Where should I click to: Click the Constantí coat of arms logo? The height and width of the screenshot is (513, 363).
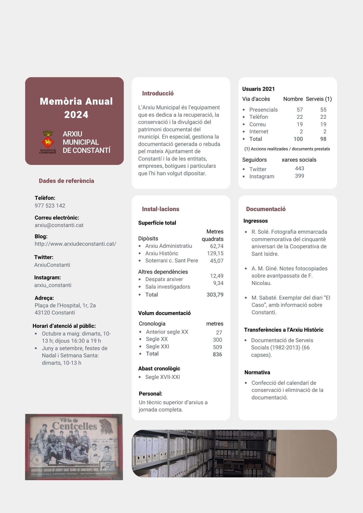pos(48,142)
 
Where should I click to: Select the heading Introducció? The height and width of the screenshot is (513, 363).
pos(158,93)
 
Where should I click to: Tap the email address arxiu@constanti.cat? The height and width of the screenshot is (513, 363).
pos(59,225)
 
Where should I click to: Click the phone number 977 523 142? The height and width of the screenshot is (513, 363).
pos(50,206)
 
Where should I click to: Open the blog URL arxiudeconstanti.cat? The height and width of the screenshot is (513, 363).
pos(75,244)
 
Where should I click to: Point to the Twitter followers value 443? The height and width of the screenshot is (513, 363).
pos(299,169)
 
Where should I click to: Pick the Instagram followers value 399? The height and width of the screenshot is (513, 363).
pos(299,176)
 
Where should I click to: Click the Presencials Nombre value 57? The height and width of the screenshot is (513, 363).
pos(300,110)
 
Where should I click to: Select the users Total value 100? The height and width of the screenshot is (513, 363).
pos(298,139)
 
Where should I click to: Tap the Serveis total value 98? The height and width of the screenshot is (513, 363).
pos(323,139)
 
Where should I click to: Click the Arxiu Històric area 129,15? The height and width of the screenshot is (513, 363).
pos(215,253)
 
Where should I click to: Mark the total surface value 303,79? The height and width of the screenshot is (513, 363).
pos(215,295)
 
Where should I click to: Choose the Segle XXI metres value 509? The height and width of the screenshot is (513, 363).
pos(217,347)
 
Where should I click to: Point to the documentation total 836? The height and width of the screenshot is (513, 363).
pos(217,354)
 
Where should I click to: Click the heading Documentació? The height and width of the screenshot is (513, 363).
pos(266,209)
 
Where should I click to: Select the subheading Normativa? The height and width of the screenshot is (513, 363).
pos(257,372)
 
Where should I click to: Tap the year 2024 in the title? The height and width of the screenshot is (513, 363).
pos(76,115)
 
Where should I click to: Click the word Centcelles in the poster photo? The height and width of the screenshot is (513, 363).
pos(74,426)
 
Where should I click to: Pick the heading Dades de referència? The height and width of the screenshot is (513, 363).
pos(66,181)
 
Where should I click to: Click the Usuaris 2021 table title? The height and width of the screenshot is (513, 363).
pos(258,89)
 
